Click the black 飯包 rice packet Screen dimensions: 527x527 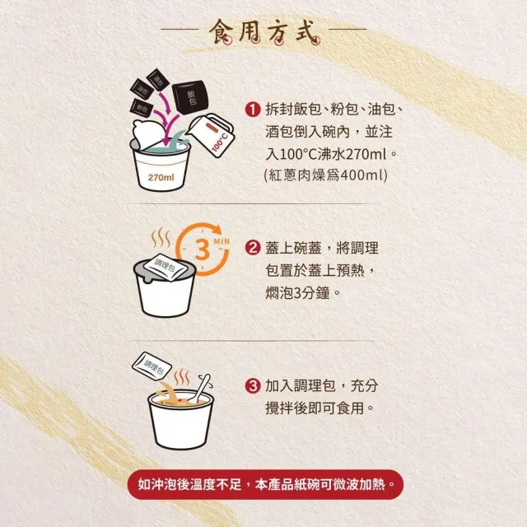coord(191,97)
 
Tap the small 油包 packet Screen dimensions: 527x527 coord(142,89)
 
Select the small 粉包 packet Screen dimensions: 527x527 coord(142,108)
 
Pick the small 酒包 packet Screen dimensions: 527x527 coord(158,80)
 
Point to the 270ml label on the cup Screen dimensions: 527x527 coord(161,177)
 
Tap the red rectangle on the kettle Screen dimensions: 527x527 coord(211,128)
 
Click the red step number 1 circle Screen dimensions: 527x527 coord(253,110)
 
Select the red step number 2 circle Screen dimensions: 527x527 coord(253,249)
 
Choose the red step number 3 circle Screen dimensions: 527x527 coord(253,386)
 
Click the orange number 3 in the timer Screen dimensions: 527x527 coord(202,250)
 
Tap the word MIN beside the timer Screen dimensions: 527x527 coord(222,241)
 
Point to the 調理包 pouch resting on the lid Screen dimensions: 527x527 coord(165,267)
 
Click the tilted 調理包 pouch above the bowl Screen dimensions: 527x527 coord(152,366)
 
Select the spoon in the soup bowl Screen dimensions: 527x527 coord(199,389)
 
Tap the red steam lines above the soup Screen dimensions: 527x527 coord(182,377)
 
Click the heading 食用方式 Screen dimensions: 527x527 coord(264,32)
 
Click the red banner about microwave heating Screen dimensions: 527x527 coord(265,485)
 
